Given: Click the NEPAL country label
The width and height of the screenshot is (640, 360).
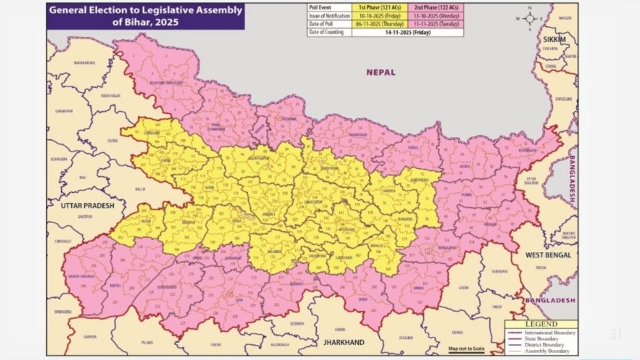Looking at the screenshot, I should pyautogui.click(x=381, y=72).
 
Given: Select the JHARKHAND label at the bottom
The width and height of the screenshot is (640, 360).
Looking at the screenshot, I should pyautogui.click(x=343, y=343).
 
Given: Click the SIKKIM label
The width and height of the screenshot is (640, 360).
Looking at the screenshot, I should pyautogui.click(x=554, y=39).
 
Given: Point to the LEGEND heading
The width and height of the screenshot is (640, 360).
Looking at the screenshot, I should pyautogui.click(x=541, y=324).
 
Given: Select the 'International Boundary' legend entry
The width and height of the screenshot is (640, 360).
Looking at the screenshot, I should pyautogui.click(x=550, y=332).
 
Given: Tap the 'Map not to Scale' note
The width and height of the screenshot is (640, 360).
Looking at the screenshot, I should pyautogui.click(x=466, y=348).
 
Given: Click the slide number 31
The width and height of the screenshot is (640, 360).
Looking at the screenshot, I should pyautogui.click(x=615, y=335).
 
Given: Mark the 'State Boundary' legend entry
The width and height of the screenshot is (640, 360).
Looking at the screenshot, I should pyautogui.click(x=544, y=339).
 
